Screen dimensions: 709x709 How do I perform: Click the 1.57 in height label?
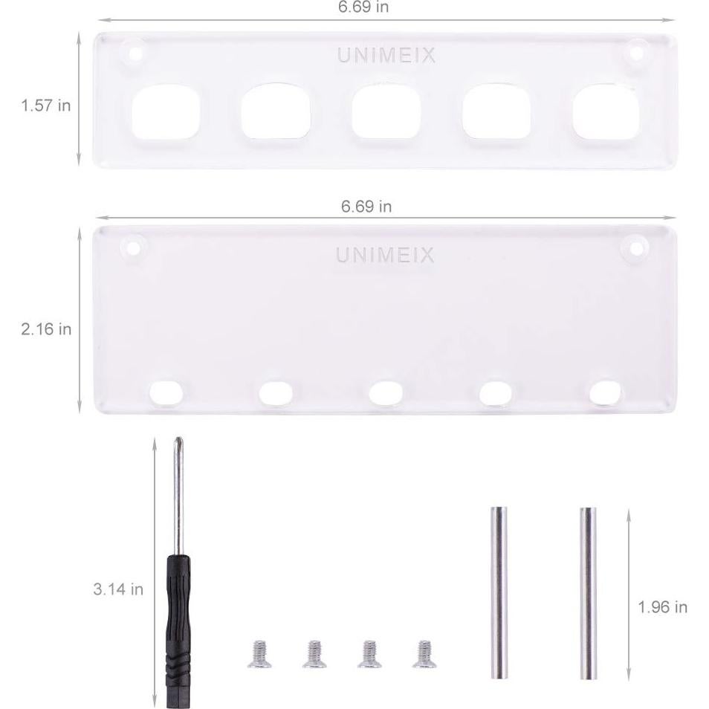pyautogui.click(x=46, y=106)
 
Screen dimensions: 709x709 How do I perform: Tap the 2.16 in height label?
pyautogui.click(x=46, y=328)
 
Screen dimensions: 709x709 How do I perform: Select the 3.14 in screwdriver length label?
pyautogui.click(x=118, y=589)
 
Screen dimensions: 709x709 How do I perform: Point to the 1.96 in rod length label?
pyautogui.click(x=662, y=607)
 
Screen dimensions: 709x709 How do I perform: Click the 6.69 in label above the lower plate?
pyautogui.click(x=366, y=207)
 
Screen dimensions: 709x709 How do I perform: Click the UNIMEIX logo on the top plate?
pyautogui.click(x=386, y=56)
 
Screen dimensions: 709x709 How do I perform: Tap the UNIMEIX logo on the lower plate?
pyautogui.click(x=385, y=256)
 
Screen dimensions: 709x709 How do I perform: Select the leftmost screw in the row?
pyautogui.click(x=259, y=653)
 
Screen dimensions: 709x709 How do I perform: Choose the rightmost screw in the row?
pyautogui.click(x=424, y=653)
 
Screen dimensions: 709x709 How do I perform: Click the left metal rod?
pyautogui.click(x=499, y=592)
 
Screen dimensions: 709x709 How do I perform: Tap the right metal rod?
pyautogui.click(x=588, y=592)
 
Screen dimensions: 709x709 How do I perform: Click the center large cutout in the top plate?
pyautogui.click(x=386, y=111)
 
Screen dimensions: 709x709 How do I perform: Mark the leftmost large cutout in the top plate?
pyautogui.click(x=165, y=112)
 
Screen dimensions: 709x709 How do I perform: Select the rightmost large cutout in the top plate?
pyautogui.click(x=606, y=111)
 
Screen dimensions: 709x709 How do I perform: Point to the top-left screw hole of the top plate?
pyautogui.click(x=135, y=54)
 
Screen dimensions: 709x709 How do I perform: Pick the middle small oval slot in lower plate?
pyautogui.click(x=386, y=392)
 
